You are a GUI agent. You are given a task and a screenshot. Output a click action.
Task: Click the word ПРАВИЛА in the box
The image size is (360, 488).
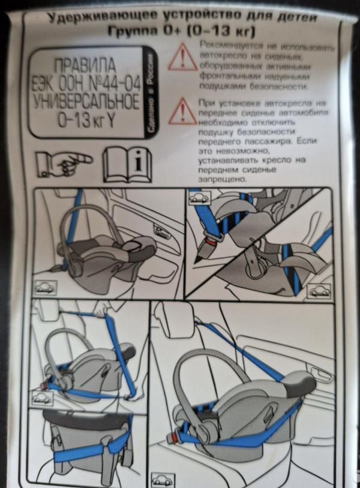coord(86,64)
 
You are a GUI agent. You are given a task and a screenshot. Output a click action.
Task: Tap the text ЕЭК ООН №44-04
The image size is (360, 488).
coord(86,82)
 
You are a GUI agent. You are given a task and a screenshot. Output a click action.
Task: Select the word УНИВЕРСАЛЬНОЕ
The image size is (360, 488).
coord(86,101)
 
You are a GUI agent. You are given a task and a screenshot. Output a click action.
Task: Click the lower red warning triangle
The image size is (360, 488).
coord(182,112)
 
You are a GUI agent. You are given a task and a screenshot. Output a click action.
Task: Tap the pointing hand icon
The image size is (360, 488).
coord(63,162)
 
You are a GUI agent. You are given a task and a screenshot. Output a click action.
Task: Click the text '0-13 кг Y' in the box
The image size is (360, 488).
coord(86,119)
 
